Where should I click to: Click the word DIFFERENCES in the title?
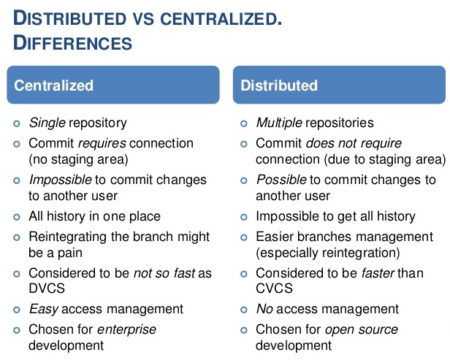(72, 43)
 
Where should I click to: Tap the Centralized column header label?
(53, 85)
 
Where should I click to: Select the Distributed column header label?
(279, 85)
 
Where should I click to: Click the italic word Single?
(47, 123)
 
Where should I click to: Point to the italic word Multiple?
(279, 123)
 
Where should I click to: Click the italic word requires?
(102, 143)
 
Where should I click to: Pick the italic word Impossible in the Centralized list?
(60, 180)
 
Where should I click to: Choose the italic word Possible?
(281, 180)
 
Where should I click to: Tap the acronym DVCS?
(47, 288)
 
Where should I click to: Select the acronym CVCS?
(274, 288)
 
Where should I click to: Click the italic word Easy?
(44, 309)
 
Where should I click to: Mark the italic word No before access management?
(264, 309)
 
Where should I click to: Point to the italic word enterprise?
(126, 329)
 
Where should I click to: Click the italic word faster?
(378, 273)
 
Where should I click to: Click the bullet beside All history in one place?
(17, 217)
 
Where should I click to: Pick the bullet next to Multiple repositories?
(244, 124)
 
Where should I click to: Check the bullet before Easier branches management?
(244, 238)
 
